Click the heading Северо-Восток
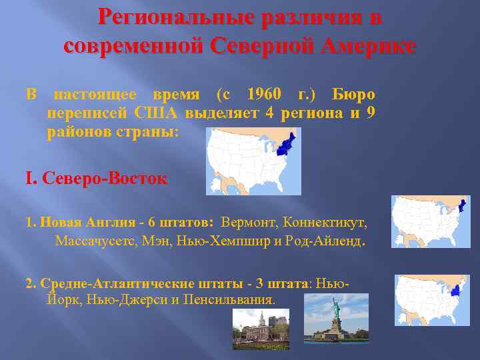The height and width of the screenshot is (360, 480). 104,179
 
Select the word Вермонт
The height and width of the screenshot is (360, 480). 251,222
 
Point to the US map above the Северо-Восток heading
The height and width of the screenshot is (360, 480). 254,161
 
